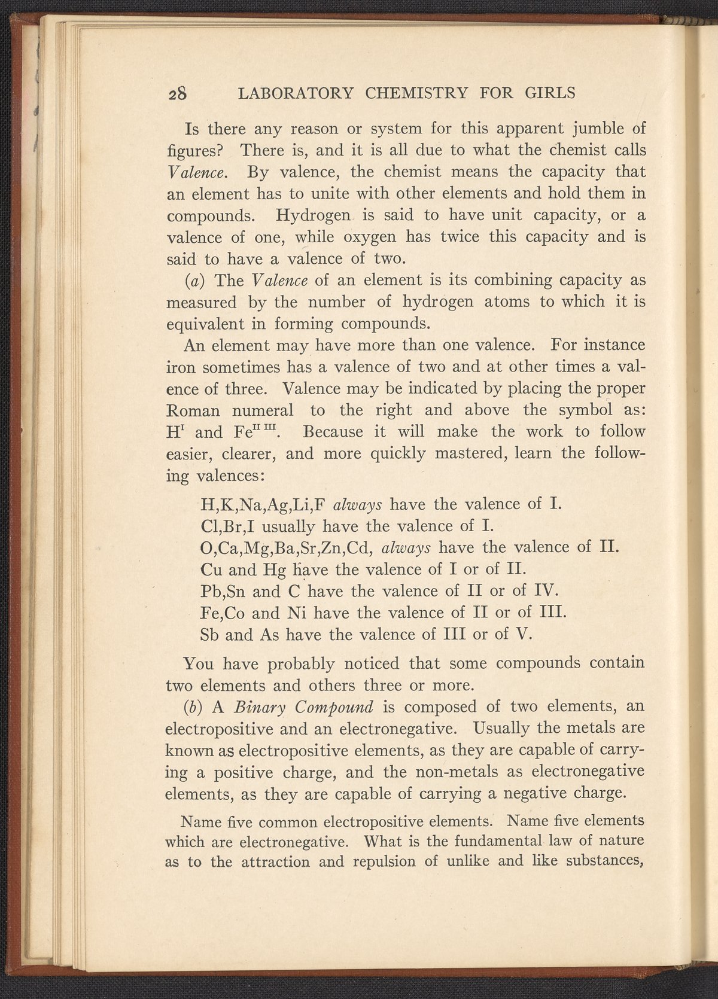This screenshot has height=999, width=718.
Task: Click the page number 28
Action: [178, 93]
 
